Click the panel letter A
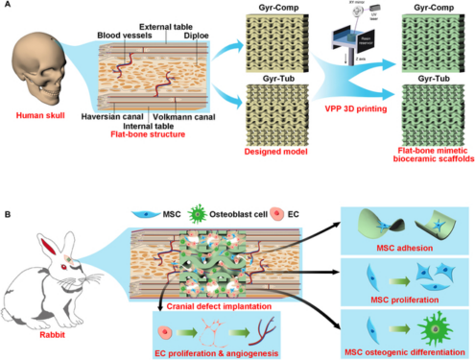(6, 6)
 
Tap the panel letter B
(6, 188)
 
